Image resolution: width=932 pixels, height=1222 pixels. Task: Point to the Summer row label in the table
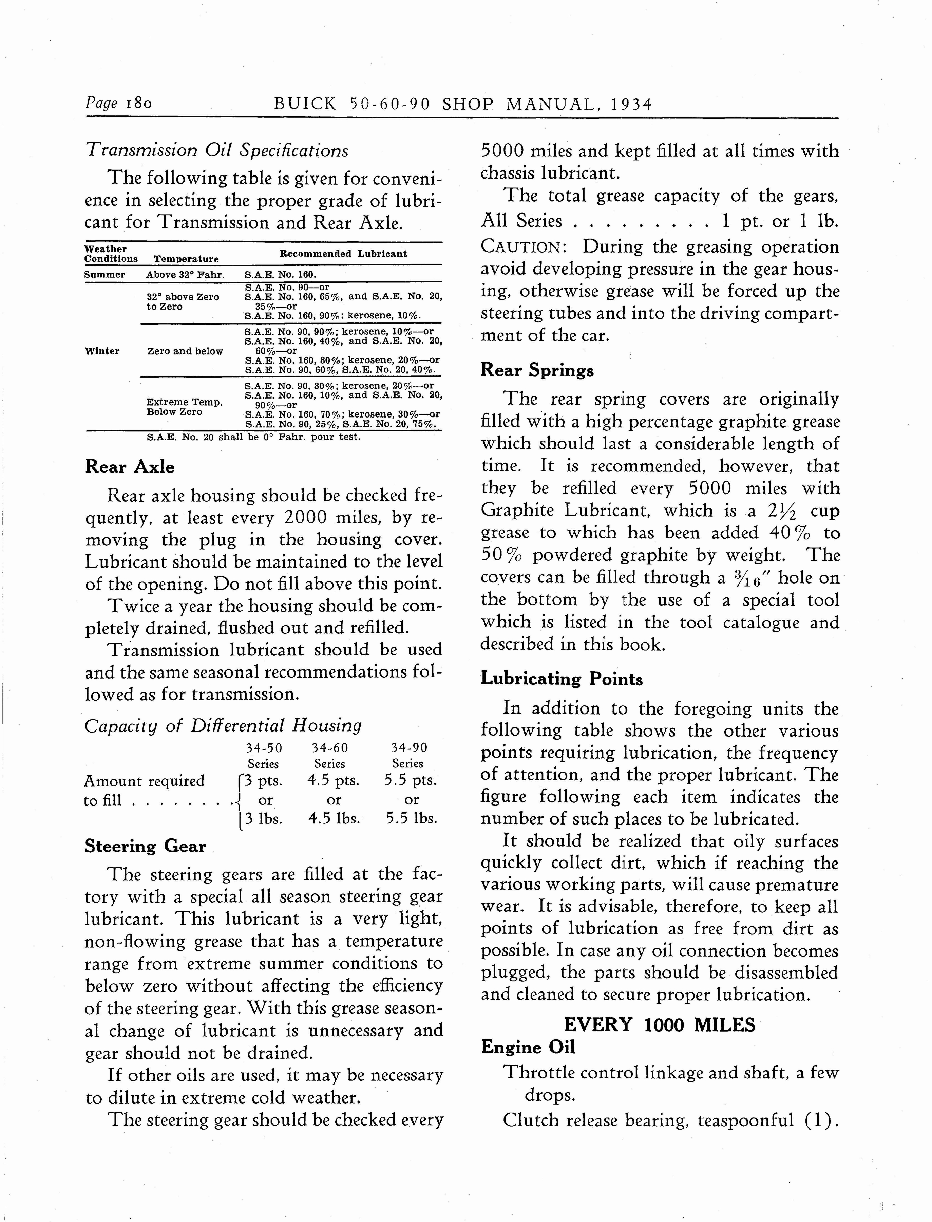[105, 275]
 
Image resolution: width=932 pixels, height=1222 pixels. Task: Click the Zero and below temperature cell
[185, 351]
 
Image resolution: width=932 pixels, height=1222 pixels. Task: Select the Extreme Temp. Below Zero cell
[184, 407]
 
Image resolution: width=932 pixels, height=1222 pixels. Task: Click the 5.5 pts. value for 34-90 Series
[411, 781]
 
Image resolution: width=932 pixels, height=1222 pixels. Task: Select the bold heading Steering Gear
[145, 846]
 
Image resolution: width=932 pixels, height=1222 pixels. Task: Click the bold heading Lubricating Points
[562, 679]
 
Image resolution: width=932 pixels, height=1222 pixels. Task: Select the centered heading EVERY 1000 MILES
[659, 1024]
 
